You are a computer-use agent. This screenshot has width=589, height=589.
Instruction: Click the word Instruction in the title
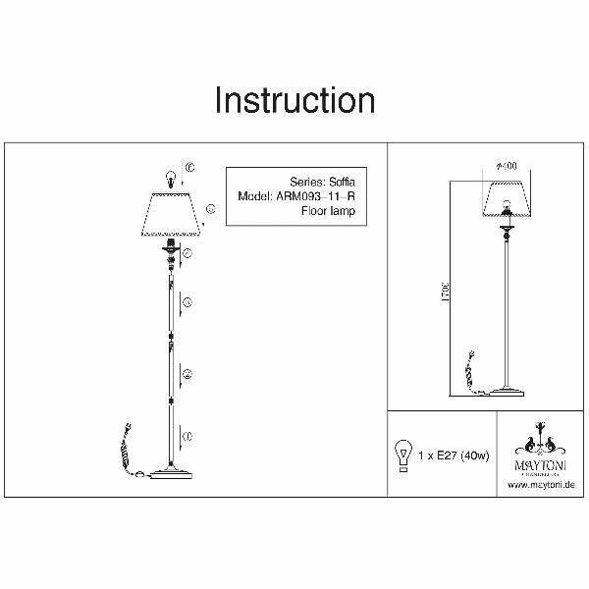[294, 101]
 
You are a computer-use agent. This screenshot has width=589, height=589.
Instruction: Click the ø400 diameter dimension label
[508, 165]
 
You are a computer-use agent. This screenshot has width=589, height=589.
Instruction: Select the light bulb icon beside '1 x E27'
[402, 455]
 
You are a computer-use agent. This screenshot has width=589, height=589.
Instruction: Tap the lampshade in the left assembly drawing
[174, 214]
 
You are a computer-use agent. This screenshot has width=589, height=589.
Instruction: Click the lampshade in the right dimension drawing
[507, 201]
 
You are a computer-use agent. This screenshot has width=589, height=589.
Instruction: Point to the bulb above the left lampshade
[173, 179]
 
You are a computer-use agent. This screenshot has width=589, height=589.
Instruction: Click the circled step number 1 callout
[187, 435]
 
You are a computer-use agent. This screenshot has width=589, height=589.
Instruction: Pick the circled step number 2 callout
[187, 374]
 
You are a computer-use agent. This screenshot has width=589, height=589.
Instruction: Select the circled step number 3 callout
[187, 300]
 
